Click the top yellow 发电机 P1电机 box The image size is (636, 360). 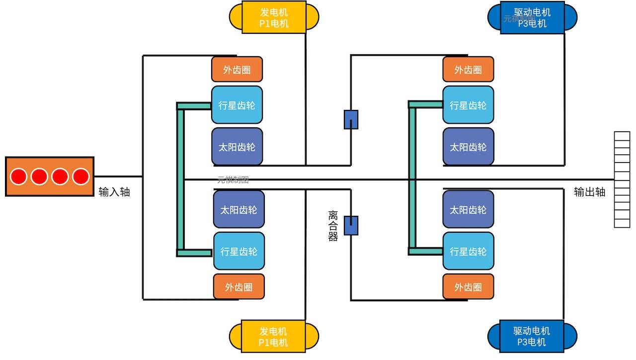[274, 17]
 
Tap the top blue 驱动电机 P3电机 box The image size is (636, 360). [532, 17]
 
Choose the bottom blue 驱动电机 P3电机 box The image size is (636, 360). [532, 336]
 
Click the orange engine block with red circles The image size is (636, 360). [49, 177]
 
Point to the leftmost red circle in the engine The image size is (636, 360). [19, 177]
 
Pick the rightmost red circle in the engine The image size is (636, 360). [80, 177]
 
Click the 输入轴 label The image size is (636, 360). [114, 192]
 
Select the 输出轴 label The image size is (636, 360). [590, 192]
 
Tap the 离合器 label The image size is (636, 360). [333, 226]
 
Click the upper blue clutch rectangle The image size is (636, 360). [351, 119]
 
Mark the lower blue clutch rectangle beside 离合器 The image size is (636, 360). [351, 225]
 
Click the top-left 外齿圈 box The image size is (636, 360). [237, 70]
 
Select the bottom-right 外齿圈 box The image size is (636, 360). [468, 287]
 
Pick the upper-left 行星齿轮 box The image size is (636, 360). [237, 105]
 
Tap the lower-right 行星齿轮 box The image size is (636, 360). [468, 251]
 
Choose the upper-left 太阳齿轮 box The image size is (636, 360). [237, 147]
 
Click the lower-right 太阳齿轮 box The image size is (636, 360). [468, 209]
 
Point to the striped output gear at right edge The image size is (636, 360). [622, 180]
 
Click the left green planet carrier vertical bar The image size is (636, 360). [180, 179]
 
